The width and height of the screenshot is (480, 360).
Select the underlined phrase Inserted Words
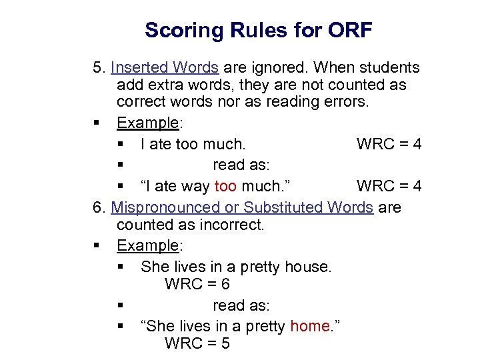(x=165, y=67)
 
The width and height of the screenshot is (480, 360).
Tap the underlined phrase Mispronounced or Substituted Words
(x=242, y=207)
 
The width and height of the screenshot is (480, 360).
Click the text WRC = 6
(x=197, y=284)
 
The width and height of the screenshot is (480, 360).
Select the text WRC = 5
(x=197, y=343)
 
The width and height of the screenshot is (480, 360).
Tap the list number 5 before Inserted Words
(x=98, y=67)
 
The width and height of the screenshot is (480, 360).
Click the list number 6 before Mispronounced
(x=98, y=207)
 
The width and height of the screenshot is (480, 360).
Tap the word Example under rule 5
(x=147, y=123)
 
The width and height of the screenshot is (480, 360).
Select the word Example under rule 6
(x=147, y=245)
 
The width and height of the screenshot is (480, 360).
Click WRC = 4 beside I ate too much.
(x=389, y=144)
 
